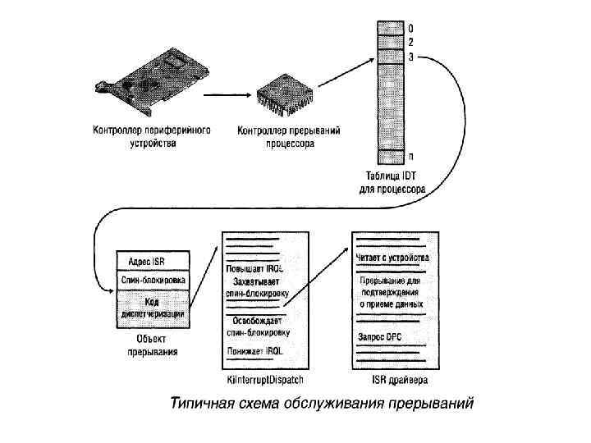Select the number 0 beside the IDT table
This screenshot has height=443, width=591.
(x=410, y=29)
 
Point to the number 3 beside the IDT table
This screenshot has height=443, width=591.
(x=410, y=57)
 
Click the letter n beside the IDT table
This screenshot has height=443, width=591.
(x=410, y=156)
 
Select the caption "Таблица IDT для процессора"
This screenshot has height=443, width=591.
(x=392, y=181)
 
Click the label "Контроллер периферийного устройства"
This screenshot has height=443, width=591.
(x=153, y=136)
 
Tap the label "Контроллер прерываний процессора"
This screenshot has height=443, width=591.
(x=288, y=136)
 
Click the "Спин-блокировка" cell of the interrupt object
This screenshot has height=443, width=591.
(x=153, y=280)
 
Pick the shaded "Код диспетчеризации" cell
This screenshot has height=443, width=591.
(x=153, y=307)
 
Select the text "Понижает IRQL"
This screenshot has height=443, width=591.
(x=256, y=351)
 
